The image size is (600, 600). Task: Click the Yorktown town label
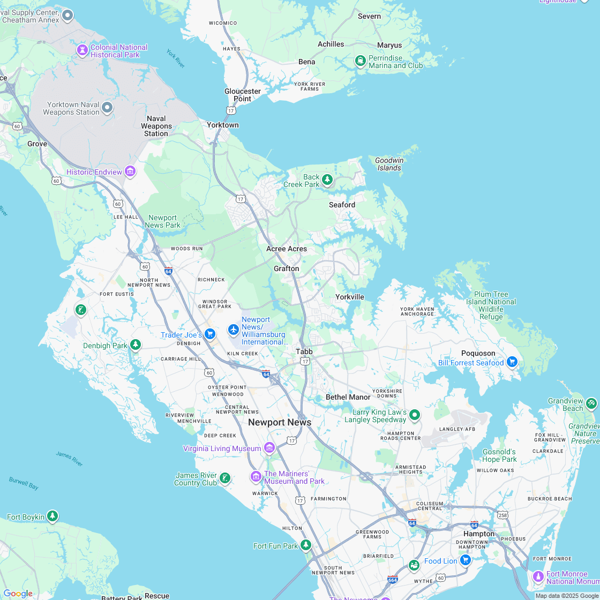click(x=223, y=125)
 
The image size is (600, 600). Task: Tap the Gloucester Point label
click(x=243, y=95)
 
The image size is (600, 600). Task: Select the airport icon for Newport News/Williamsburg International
click(x=233, y=329)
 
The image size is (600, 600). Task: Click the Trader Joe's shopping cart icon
click(x=210, y=335)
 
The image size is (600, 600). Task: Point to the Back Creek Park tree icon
click(x=327, y=179)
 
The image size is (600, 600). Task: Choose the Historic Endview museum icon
click(x=130, y=172)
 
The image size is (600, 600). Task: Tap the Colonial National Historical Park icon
click(x=82, y=50)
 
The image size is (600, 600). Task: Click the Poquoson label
click(x=478, y=353)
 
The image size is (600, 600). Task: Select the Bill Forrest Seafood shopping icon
click(x=512, y=362)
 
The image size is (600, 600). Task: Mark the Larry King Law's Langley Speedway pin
click(x=414, y=415)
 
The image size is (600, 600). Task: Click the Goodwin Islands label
click(x=389, y=164)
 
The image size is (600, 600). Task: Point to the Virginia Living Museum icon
click(x=269, y=448)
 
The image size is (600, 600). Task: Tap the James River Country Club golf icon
click(x=225, y=478)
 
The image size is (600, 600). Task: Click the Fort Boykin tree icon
click(x=52, y=516)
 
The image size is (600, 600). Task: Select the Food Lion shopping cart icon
click(x=466, y=560)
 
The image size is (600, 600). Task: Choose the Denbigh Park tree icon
click(x=136, y=344)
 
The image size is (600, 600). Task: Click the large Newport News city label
click(x=280, y=422)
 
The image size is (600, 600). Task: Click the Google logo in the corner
click(x=18, y=593)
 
